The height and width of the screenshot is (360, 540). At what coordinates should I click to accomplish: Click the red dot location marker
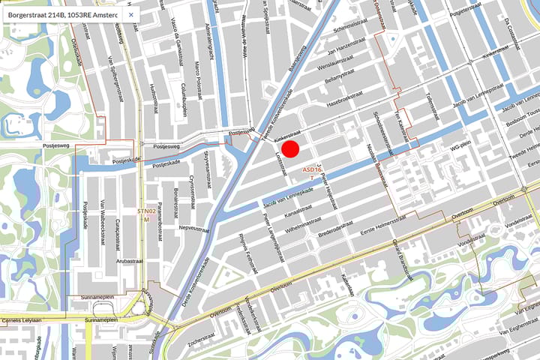click(290, 148)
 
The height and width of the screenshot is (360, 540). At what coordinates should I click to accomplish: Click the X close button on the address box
click(130, 14)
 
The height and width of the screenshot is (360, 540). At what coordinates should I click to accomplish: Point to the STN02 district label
click(147, 214)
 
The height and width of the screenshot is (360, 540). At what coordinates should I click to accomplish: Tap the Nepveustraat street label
click(192, 225)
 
